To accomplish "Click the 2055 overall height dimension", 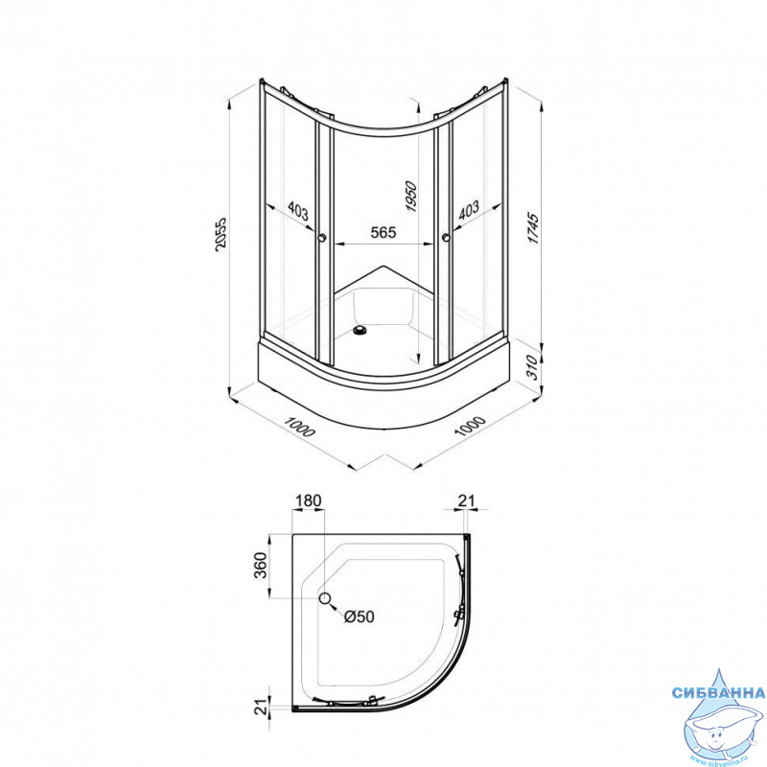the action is coord(221,235).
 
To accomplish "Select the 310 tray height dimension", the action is coord(532,367).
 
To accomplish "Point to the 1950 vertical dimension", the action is coord(411,197).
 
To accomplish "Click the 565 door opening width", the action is coord(383,232).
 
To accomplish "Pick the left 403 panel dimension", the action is coord(298,211).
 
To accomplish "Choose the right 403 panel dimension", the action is coord(469,210).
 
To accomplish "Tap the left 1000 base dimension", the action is coord(300,428).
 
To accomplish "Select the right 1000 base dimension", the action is coord(470,426).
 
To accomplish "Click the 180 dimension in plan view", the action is coord(309,500).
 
